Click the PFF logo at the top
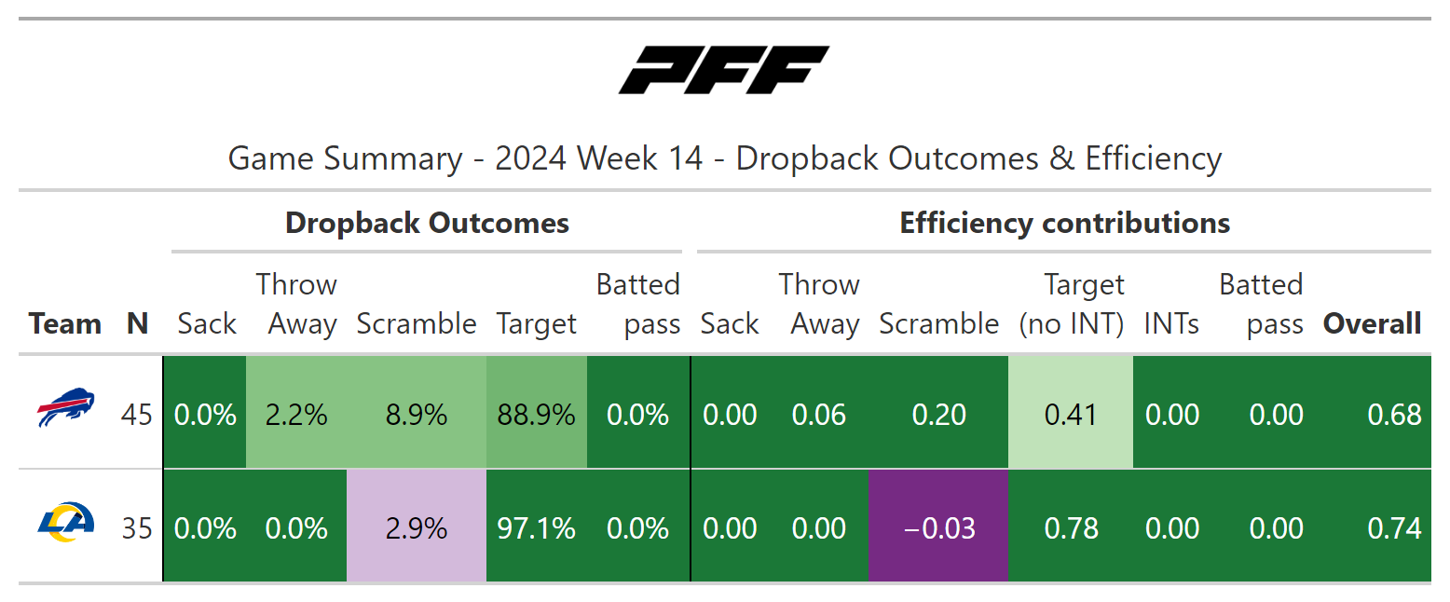[x=724, y=70]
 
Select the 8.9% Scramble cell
[x=417, y=415]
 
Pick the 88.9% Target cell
[x=537, y=415]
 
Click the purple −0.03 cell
[x=938, y=528]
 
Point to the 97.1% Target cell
[x=537, y=528]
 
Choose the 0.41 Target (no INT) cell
[x=1071, y=415]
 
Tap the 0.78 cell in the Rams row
[x=1071, y=528]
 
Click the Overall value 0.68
[x=1394, y=415]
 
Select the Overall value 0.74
[x=1394, y=528]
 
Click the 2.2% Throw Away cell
[x=296, y=415]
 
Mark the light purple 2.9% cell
[x=417, y=528]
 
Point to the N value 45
[x=137, y=415]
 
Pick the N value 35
[x=137, y=528]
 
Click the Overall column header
[x=1372, y=324]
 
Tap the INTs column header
[x=1171, y=324]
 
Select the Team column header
[x=64, y=324]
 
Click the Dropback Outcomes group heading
[x=427, y=224]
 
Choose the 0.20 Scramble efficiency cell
[x=938, y=415]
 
